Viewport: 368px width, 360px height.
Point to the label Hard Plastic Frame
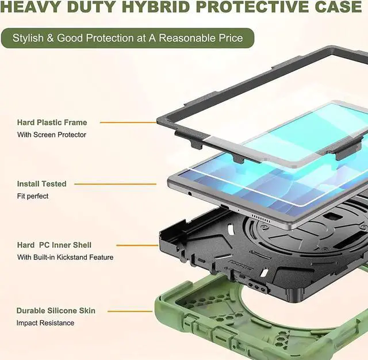(x=52, y=122)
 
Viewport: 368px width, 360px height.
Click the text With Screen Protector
(x=52, y=135)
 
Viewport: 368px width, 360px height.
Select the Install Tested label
(x=41, y=184)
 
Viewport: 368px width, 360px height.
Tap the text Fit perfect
(x=33, y=196)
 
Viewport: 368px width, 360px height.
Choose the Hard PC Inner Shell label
(x=54, y=245)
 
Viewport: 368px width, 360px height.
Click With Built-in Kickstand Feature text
(x=65, y=257)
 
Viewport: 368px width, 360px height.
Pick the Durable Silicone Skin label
(x=56, y=311)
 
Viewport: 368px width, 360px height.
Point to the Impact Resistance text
(x=45, y=323)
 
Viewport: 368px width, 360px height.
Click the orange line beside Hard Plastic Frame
(x=128, y=122)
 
